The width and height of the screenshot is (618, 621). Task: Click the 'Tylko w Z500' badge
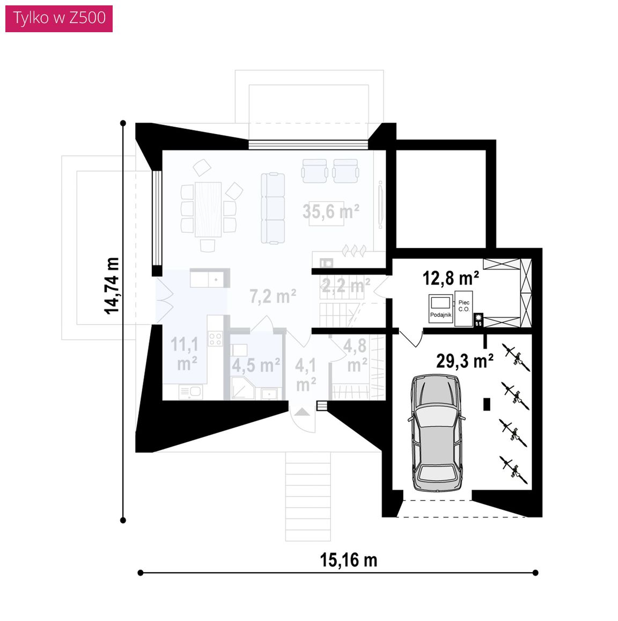(x=59, y=19)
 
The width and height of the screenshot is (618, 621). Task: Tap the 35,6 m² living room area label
(x=331, y=211)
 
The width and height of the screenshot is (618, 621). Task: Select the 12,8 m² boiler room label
(x=451, y=278)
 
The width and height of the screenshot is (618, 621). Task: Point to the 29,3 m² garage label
(x=465, y=361)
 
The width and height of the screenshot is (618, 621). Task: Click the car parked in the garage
(x=437, y=433)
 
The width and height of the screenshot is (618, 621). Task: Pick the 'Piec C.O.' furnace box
(x=464, y=308)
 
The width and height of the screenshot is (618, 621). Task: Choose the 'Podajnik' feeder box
(x=440, y=309)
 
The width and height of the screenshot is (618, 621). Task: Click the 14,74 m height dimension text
(x=112, y=286)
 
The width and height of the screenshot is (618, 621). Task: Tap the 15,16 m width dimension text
(x=348, y=560)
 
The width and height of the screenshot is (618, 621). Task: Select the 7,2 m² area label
(x=273, y=296)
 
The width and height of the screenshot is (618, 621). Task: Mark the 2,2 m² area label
(x=345, y=285)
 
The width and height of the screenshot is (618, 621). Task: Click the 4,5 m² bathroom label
(x=256, y=365)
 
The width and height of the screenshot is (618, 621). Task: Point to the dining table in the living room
(x=208, y=209)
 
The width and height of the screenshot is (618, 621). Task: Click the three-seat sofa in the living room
(x=273, y=208)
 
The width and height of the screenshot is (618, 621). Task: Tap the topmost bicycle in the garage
(x=516, y=357)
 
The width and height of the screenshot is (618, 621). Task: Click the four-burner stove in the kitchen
(x=215, y=339)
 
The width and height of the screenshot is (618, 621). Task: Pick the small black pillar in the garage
(x=487, y=404)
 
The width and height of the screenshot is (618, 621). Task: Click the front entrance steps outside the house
(x=308, y=496)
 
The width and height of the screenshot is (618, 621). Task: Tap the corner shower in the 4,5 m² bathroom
(x=242, y=388)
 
